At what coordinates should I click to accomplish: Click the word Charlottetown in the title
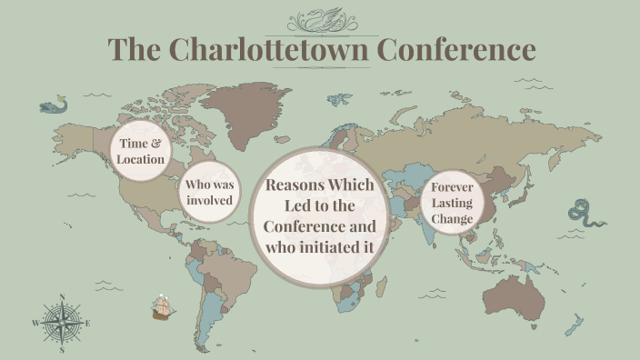[x=269, y=49]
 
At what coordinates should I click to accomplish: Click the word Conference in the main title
[x=456, y=49]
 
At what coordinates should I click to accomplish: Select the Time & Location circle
[x=141, y=151]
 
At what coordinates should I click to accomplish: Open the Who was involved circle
[x=209, y=192]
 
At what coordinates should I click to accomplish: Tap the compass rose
[x=62, y=323]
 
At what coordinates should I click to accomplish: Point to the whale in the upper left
[x=52, y=106]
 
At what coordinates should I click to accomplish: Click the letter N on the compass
[x=62, y=297]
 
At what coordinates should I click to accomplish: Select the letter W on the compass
[x=35, y=324]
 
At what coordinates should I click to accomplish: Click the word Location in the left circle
[x=141, y=160]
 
